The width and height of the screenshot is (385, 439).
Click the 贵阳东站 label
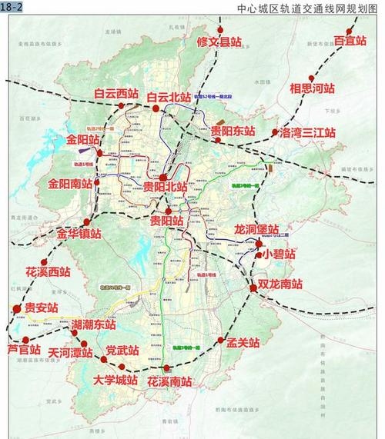233,131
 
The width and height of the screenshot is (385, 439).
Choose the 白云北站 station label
169,98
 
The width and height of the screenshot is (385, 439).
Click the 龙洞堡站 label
260,229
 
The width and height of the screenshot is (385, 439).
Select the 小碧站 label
278,254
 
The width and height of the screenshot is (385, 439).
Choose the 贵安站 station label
42,307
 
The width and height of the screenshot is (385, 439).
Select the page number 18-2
12,6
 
